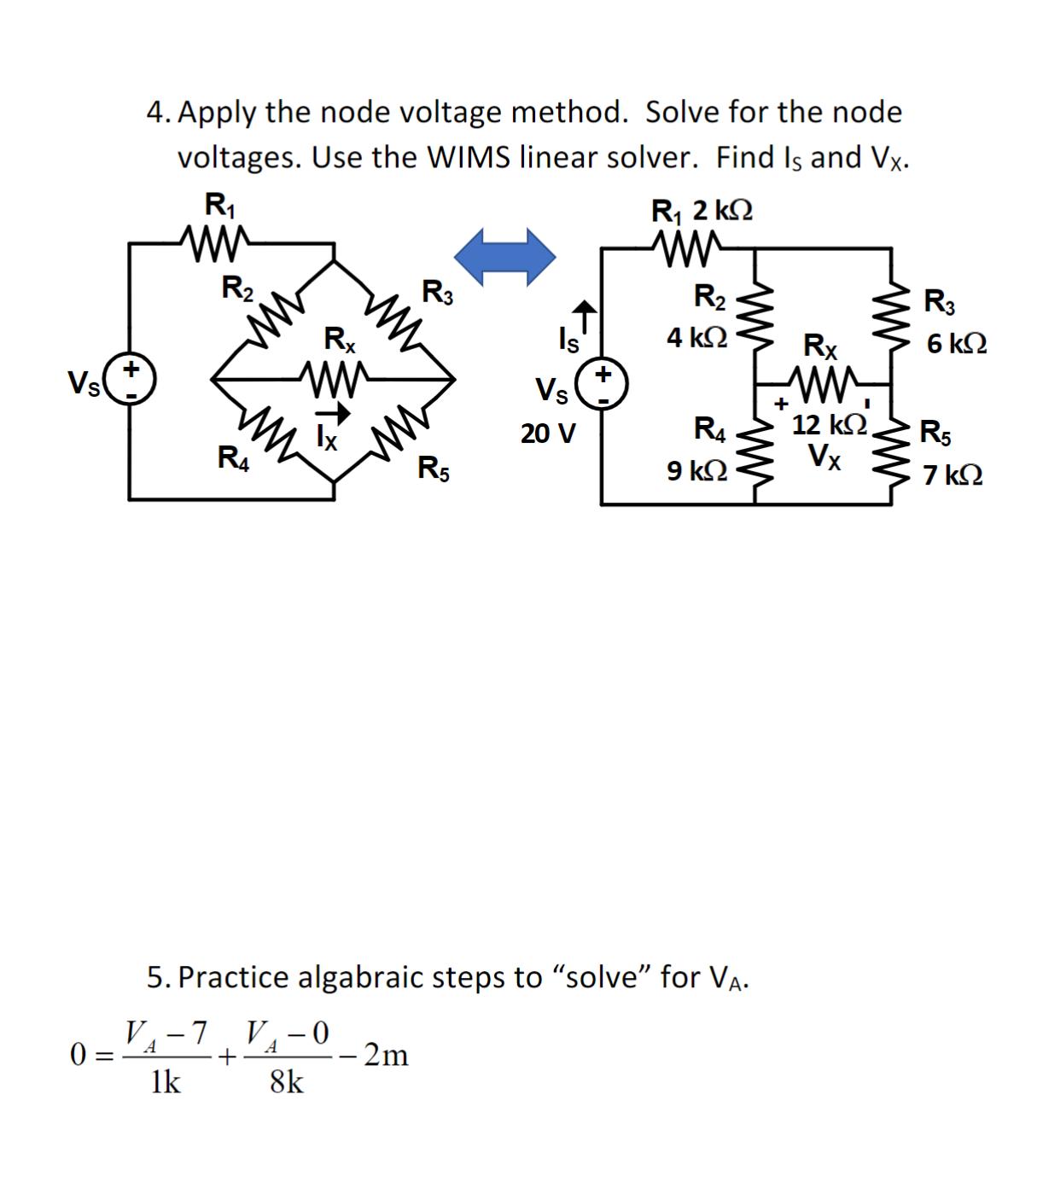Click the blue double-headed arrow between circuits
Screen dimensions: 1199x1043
click(x=504, y=256)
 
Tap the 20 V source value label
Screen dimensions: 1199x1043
click(x=548, y=434)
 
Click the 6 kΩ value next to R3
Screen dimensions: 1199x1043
click(x=957, y=344)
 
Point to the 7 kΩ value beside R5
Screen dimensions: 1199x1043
click(x=953, y=475)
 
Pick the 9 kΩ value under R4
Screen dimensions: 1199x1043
click(x=697, y=470)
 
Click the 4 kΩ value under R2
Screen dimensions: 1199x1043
click(x=697, y=338)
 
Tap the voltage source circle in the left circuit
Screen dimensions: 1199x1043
click(x=130, y=380)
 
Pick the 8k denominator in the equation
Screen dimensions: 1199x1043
click(x=286, y=1082)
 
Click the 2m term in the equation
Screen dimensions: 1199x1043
click(x=386, y=1056)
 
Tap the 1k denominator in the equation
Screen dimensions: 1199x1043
click(x=165, y=1082)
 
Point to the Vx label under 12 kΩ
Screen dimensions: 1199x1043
click(x=824, y=457)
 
